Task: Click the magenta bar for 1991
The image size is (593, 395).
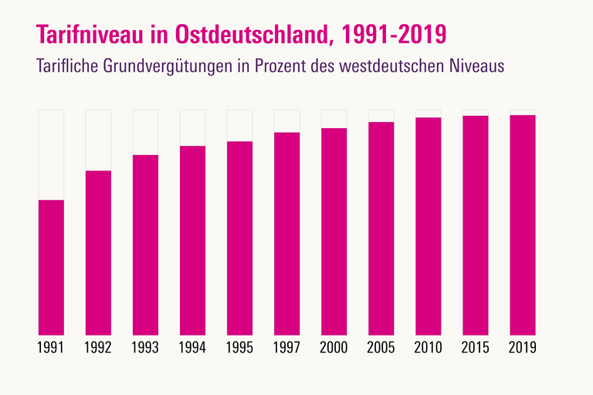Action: click(51, 267)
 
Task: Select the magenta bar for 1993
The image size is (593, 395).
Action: click(145, 245)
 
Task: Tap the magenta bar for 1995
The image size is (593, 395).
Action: click(239, 238)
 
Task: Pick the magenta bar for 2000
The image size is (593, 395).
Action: click(334, 231)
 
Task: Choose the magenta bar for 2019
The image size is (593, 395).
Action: click(522, 225)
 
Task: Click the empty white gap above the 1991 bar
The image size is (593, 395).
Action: click(51, 154)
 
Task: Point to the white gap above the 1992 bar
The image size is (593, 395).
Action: click(98, 140)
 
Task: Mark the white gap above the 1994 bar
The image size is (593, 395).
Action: click(192, 127)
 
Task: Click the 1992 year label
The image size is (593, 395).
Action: click(98, 347)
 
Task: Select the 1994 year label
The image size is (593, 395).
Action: click(192, 347)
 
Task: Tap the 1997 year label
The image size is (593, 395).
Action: click(286, 347)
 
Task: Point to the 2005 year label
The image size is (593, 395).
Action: click(381, 347)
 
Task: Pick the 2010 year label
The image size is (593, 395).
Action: click(428, 347)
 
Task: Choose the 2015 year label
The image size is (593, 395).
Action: click(475, 347)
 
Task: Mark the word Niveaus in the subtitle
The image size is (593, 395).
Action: click(476, 66)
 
